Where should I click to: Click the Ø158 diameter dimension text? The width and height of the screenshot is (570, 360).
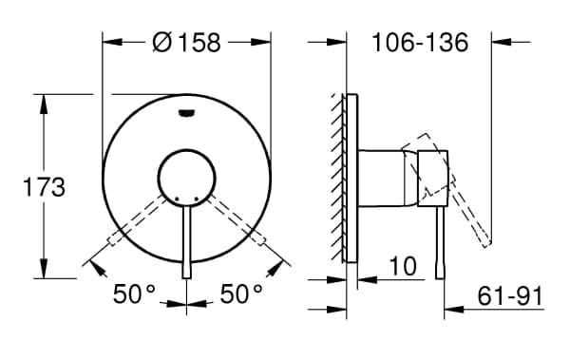coord(186,42)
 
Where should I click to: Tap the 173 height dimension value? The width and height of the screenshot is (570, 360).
coord(44,188)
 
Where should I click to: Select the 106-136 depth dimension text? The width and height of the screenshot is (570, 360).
coord(420,43)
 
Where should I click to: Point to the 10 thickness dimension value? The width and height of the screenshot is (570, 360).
coord(403,266)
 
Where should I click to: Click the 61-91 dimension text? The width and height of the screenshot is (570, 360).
coord(510,296)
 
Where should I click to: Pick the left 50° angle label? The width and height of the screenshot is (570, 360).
coord(134,294)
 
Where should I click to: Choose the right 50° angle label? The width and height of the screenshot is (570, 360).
coord(241,294)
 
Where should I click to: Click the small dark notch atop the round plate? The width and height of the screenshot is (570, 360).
coord(186,114)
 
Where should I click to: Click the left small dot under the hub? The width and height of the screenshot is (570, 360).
coord(177,199)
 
